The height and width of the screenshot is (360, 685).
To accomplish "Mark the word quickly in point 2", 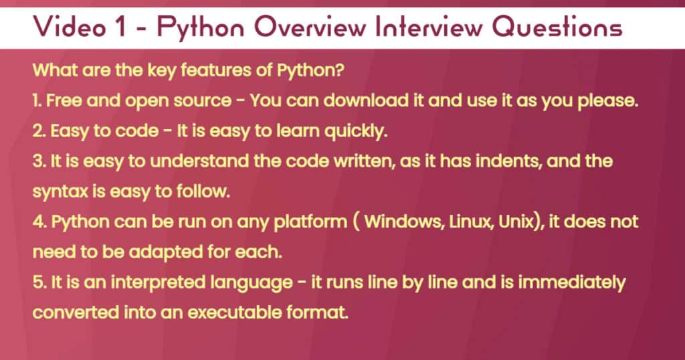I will [x=353, y=132].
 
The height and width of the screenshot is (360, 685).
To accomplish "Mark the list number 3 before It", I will [x=37, y=163].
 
